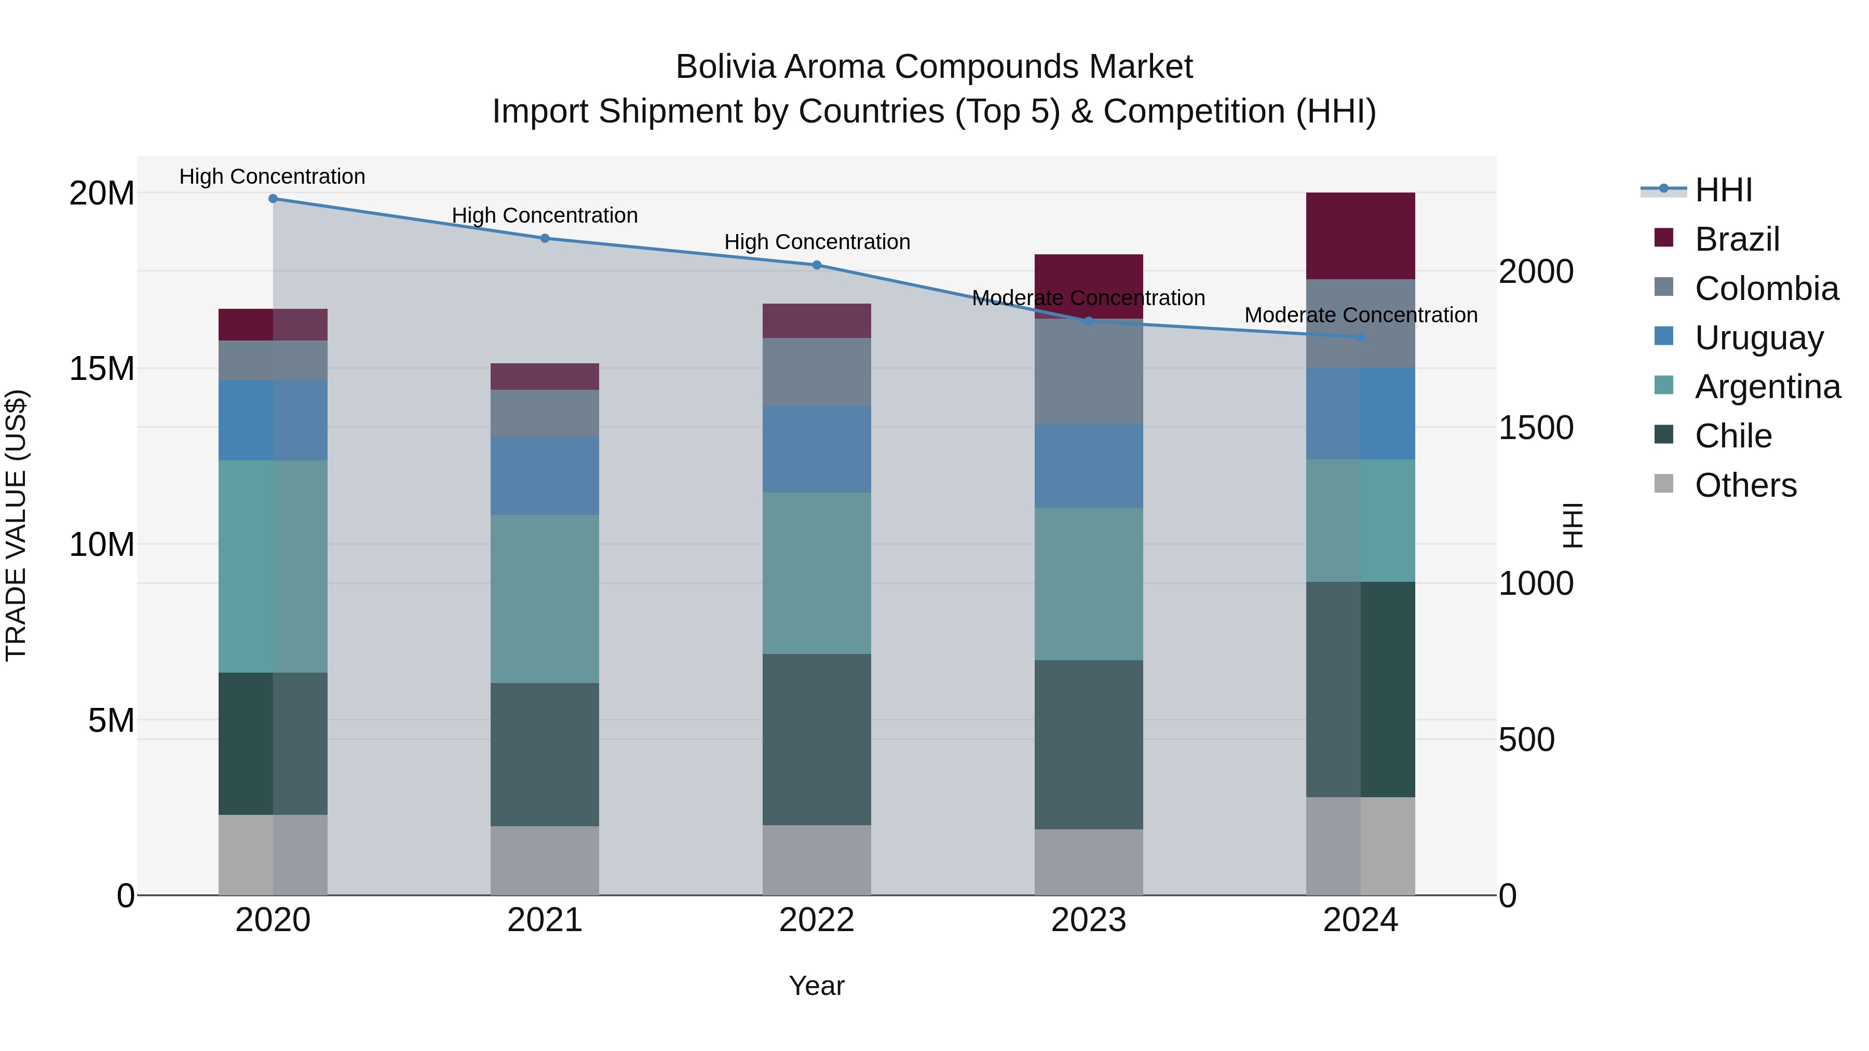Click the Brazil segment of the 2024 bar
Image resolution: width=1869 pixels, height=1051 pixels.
pos(1360,236)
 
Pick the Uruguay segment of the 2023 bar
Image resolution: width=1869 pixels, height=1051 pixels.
pos(1088,466)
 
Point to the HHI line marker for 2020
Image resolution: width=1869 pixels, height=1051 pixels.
pos(273,199)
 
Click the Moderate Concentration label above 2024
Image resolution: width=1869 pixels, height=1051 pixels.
pos(1360,316)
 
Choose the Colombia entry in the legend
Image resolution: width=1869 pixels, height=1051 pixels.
pos(1766,289)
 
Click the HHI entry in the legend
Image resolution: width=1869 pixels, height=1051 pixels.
pos(1723,190)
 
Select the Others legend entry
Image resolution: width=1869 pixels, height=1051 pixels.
pos(1745,485)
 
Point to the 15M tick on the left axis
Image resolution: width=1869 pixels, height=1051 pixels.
pos(102,368)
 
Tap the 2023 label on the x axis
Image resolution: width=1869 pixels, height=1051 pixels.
pos(1088,920)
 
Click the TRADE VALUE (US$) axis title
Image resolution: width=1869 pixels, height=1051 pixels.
pos(16,525)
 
